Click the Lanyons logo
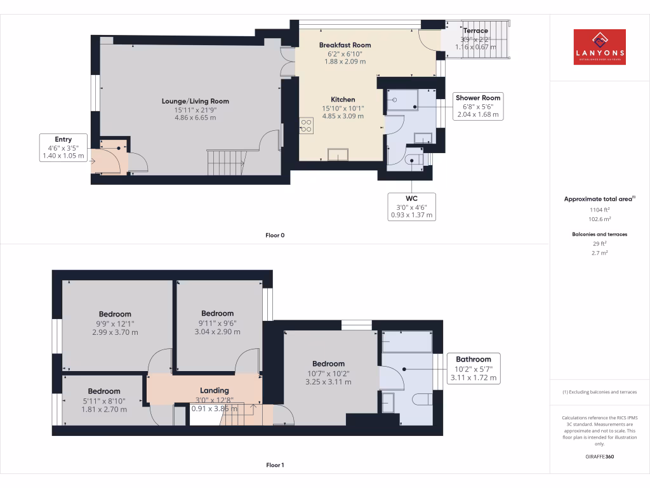599,47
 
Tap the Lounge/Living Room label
195,101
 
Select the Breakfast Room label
345,45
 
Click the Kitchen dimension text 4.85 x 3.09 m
343,116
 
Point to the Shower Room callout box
477,106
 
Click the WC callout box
411,207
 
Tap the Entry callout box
63,147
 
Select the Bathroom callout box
473,369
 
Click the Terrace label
475,30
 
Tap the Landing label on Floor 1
214,390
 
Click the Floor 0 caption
275,236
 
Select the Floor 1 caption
275,466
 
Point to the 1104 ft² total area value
599,209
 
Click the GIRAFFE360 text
599,456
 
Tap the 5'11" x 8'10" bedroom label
104,400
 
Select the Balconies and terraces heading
599,234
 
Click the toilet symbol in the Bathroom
423,399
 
